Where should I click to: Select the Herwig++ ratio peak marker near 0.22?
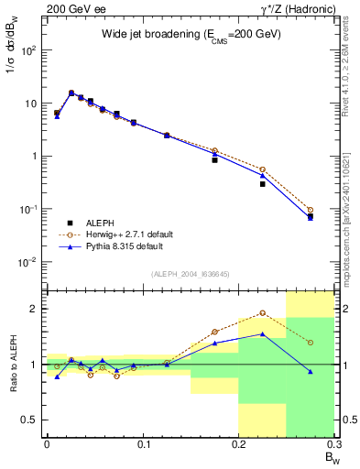(262, 313)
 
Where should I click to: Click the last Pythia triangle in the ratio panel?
(311, 372)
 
